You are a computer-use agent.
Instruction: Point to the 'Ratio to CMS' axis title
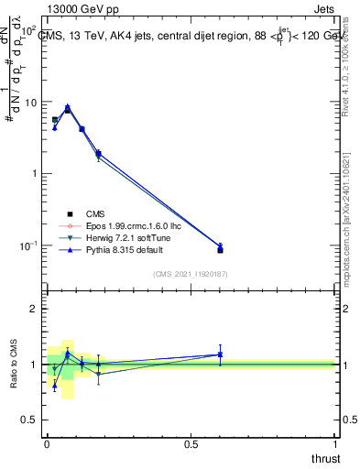(x=15, y=364)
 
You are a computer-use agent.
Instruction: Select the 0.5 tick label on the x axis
(x=191, y=444)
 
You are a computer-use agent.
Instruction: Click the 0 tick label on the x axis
(x=47, y=444)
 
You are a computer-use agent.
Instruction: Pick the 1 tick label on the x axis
(x=335, y=444)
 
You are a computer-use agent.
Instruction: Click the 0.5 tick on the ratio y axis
(x=29, y=420)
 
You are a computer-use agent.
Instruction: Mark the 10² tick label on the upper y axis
(x=28, y=30)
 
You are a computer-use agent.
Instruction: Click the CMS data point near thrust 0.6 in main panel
(x=220, y=250)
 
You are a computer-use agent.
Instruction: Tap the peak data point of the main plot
(x=67, y=107)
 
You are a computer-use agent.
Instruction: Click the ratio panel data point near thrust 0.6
(x=220, y=354)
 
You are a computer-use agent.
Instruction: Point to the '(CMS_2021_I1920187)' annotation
(x=191, y=273)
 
